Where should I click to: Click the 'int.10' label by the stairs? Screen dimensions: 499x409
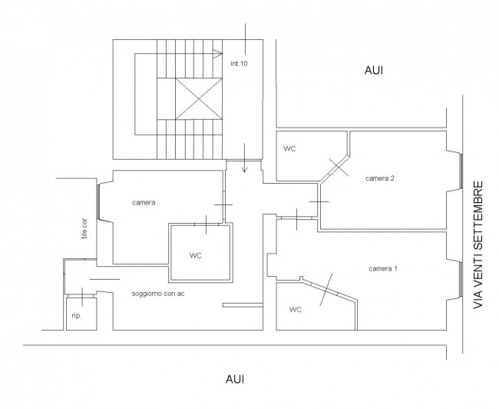[x=239, y=64]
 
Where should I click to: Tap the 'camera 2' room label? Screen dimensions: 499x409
[x=380, y=178]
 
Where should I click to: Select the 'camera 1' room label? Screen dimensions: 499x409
[x=383, y=269]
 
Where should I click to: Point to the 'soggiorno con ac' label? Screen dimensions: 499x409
[x=158, y=294]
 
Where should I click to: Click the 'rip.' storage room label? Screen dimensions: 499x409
[x=77, y=316]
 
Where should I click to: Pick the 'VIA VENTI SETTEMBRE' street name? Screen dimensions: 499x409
[x=478, y=244]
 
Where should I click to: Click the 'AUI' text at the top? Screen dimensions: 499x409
[x=374, y=71]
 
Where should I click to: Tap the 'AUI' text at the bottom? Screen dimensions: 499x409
[x=235, y=379]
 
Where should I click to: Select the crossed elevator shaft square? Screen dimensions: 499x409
[x=199, y=99]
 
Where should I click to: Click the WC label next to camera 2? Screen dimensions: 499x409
[x=289, y=149]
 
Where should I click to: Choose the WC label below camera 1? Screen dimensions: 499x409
[x=296, y=310]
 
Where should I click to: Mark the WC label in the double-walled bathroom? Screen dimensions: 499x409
[x=196, y=256]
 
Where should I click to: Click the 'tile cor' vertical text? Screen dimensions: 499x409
[x=84, y=228]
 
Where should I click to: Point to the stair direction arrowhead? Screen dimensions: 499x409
[x=218, y=54]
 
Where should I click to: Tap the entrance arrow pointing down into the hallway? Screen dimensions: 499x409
[x=244, y=158]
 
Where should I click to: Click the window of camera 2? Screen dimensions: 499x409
[x=461, y=171]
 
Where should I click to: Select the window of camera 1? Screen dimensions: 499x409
[x=461, y=280]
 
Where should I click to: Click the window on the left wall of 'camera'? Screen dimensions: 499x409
[x=98, y=201]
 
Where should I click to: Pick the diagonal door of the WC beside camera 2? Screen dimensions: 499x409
[x=335, y=168]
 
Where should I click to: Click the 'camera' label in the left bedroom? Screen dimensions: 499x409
[x=144, y=203]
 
